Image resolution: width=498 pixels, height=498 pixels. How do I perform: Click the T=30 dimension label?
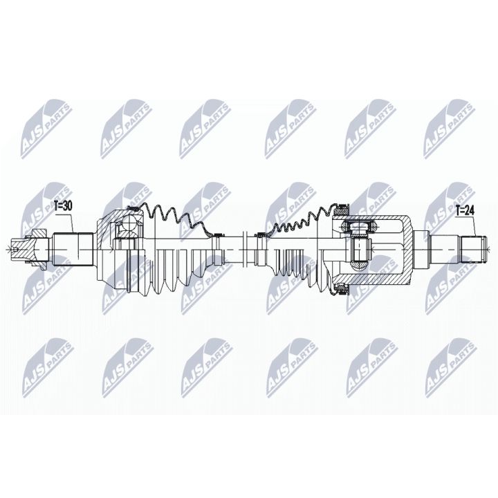click(63, 205)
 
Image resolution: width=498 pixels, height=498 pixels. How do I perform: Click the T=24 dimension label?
click(465, 212)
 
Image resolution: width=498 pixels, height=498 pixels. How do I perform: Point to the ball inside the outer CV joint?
click(129, 223)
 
